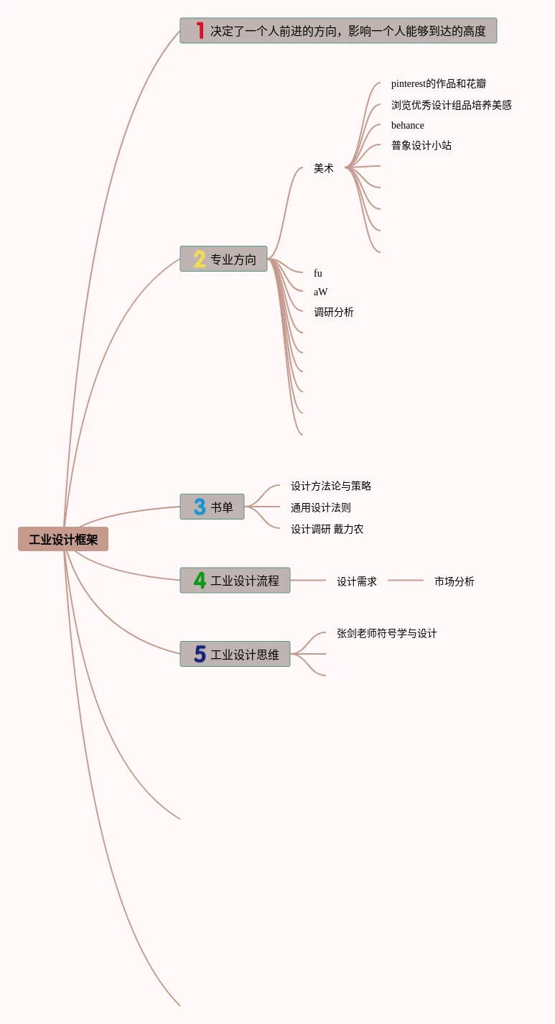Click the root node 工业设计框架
point(63,539)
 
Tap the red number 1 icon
point(200,31)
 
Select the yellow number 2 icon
point(200,259)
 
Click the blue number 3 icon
point(200,507)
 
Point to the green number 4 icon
point(200,580)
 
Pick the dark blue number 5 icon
point(200,654)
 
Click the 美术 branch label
point(324,168)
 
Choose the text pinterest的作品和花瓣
point(439,83)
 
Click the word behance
point(408,125)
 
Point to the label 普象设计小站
point(421,145)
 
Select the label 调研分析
point(334,312)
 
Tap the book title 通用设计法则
point(321,507)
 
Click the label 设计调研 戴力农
point(327,529)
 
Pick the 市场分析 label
point(454,581)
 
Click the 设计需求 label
point(357,581)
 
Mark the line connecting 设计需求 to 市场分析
point(406,580)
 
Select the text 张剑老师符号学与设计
point(387,633)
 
